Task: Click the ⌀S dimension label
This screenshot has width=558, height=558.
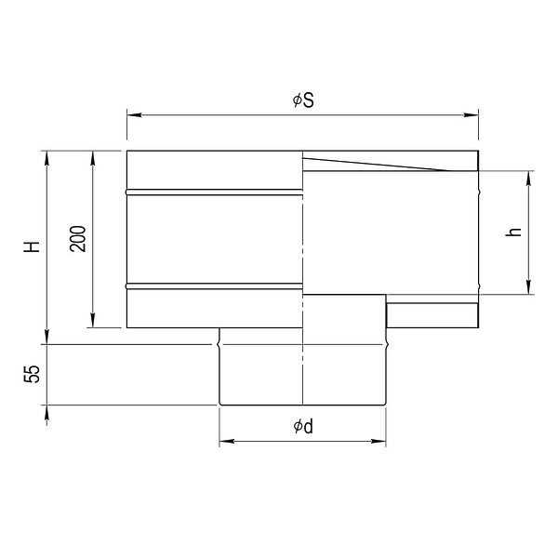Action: (x=303, y=100)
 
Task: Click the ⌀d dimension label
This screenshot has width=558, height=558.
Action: (x=303, y=426)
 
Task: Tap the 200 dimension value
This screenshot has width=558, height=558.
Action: (x=78, y=239)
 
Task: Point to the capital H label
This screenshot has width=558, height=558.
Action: (x=32, y=246)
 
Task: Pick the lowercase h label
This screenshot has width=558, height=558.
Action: (x=513, y=232)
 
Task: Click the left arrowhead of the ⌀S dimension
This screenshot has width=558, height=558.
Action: (x=135, y=115)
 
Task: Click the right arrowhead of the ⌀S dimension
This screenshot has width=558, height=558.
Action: (x=471, y=115)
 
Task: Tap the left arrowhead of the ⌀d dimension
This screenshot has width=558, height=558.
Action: (x=227, y=441)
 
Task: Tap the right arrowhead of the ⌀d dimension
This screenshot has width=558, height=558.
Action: (x=379, y=441)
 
